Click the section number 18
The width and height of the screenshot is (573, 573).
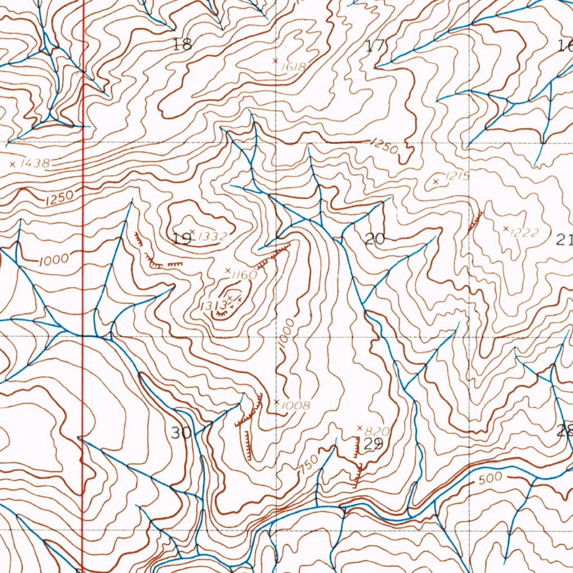tap(182, 45)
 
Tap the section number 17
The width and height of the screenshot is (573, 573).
tap(375, 45)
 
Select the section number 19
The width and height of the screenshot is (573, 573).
tap(182, 239)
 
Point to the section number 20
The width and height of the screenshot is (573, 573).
tap(374, 239)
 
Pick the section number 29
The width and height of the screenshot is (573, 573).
tap(373, 444)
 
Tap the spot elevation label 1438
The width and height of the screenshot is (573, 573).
tap(35, 164)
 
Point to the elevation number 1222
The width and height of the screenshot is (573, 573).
tap(526, 232)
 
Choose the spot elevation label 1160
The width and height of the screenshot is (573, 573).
tap(244, 275)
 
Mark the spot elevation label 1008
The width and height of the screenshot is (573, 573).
tap(296, 405)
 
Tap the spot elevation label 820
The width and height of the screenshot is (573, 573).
tap(376, 431)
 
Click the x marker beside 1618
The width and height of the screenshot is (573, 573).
tap(275, 60)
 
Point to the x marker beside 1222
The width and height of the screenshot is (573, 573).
tap(506, 228)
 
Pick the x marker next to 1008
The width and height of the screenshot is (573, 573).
tap(276, 401)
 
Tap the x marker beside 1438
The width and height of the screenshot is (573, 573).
tap(12, 164)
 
